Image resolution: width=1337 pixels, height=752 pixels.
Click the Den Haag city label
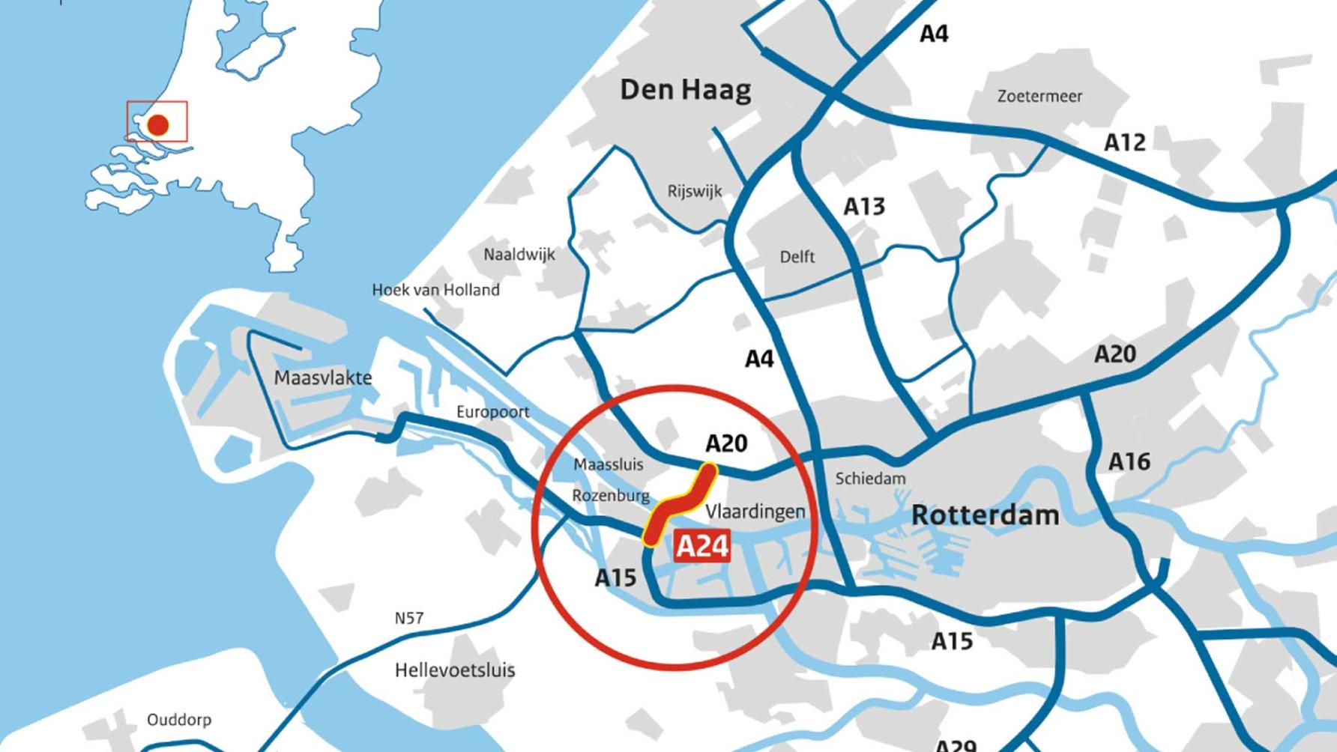(685, 91)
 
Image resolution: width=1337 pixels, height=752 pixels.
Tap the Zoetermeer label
(1039, 97)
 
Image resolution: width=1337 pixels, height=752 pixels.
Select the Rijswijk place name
(695, 192)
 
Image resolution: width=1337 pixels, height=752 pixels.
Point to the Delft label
(797, 257)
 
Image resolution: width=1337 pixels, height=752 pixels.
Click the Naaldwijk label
(519, 255)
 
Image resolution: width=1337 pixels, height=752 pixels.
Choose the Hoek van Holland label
(435, 290)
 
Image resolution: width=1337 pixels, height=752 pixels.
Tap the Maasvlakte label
(323, 377)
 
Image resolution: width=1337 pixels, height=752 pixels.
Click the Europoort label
(492, 412)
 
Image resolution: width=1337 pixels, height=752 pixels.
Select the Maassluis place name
(608, 464)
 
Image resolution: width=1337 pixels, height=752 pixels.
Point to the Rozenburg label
(611, 496)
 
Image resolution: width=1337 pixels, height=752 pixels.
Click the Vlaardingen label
(755, 512)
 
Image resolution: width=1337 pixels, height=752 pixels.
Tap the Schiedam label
(870, 479)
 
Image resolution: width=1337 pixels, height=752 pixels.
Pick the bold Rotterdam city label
(985, 515)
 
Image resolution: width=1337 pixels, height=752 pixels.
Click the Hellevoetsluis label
(455, 670)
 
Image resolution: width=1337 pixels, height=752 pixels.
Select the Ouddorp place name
(179, 720)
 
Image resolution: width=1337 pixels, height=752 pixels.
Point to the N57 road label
(409, 619)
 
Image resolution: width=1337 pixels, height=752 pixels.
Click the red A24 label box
(702, 546)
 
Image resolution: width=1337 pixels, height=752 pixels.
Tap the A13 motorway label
(864, 206)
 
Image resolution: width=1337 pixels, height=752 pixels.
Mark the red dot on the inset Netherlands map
(157, 124)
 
